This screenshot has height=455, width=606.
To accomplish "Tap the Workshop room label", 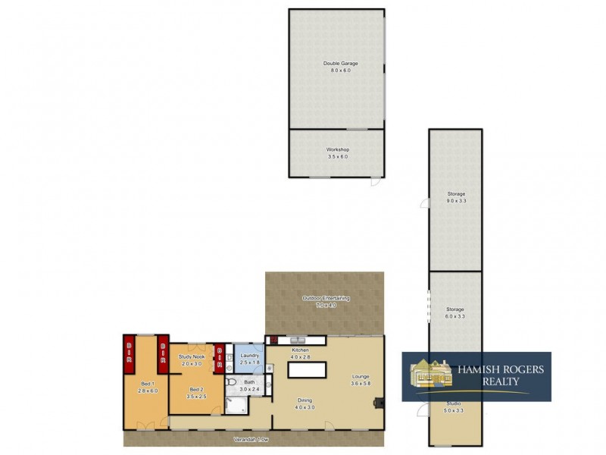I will [x=337, y=150].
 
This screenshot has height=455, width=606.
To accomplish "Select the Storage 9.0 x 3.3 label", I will [x=455, y=194].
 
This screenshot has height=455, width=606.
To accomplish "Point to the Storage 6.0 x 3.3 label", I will [x=455, y=309].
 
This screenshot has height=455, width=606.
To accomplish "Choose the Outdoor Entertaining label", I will [x=326, y=299].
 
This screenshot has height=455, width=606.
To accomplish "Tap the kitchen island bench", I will [x=305, y=369].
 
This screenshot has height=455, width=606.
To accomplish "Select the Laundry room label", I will [x=249, y=356].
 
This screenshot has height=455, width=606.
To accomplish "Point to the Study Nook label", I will [x=192, y=356].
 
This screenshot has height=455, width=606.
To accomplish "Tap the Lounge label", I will [x=360, y=377].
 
